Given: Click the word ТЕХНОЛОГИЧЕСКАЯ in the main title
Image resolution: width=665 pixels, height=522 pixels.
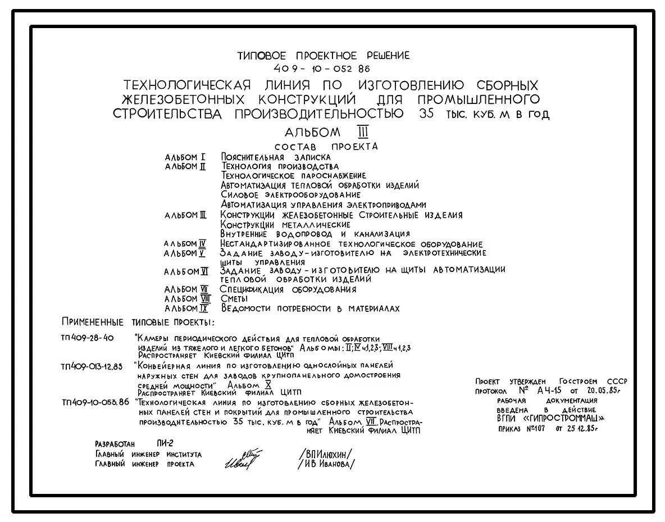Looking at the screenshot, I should click(186, 86).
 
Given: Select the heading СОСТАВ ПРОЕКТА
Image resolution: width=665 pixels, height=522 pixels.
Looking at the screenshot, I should click(330, 147).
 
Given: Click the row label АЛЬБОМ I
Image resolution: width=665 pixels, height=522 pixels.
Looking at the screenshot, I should click(185, 157).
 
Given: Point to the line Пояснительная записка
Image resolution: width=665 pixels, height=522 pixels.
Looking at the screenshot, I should click(275, 157).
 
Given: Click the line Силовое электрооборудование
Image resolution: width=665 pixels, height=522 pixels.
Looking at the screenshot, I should click(291, 195).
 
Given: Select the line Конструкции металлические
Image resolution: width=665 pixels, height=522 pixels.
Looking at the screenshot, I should click(285, 225).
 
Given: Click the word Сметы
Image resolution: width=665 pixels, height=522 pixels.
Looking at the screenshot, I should click(234, 299).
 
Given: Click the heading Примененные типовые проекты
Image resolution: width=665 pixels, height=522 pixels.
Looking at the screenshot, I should click(138, 323).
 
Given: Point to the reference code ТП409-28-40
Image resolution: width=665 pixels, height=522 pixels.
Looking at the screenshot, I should click(87, 338).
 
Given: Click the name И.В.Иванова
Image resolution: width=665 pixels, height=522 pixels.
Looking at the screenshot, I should click(327, 464).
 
